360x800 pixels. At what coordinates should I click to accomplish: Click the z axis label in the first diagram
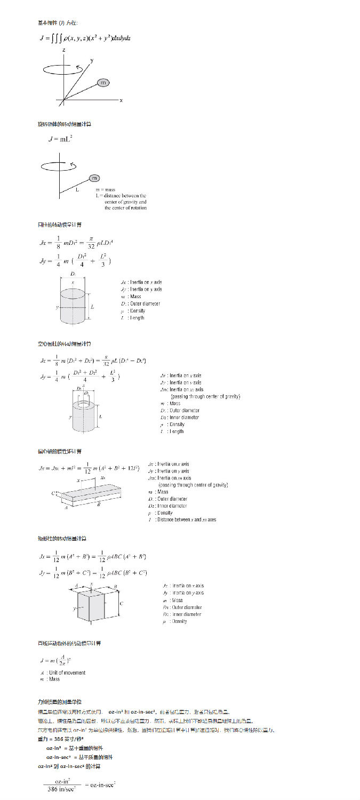tap(64, 50)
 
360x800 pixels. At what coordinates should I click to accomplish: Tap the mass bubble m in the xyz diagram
tap(103, 83)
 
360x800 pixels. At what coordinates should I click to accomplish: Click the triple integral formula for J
tap(85, 38)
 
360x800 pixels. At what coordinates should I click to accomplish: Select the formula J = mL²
tap(60, 139)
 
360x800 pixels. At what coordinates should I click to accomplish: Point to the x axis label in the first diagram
tap(121, 100)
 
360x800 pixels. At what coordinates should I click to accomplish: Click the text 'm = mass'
tap(106, 189)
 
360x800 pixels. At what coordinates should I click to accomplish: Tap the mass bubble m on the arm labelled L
tap(94, 178)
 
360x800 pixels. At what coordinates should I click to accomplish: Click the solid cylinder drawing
tap(74, 307)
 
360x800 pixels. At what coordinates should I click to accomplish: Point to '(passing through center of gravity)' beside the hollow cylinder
tap(205, 396)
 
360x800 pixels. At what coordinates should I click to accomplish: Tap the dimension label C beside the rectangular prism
tap(122, 604)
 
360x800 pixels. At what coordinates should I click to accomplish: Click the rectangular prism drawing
tap(91, 605)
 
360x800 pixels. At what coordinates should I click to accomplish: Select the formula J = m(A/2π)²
tap(56, 661)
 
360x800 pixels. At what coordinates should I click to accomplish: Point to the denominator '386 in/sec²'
tap(61, 789)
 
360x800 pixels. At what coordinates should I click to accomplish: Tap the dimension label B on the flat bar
tap(99, 505)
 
